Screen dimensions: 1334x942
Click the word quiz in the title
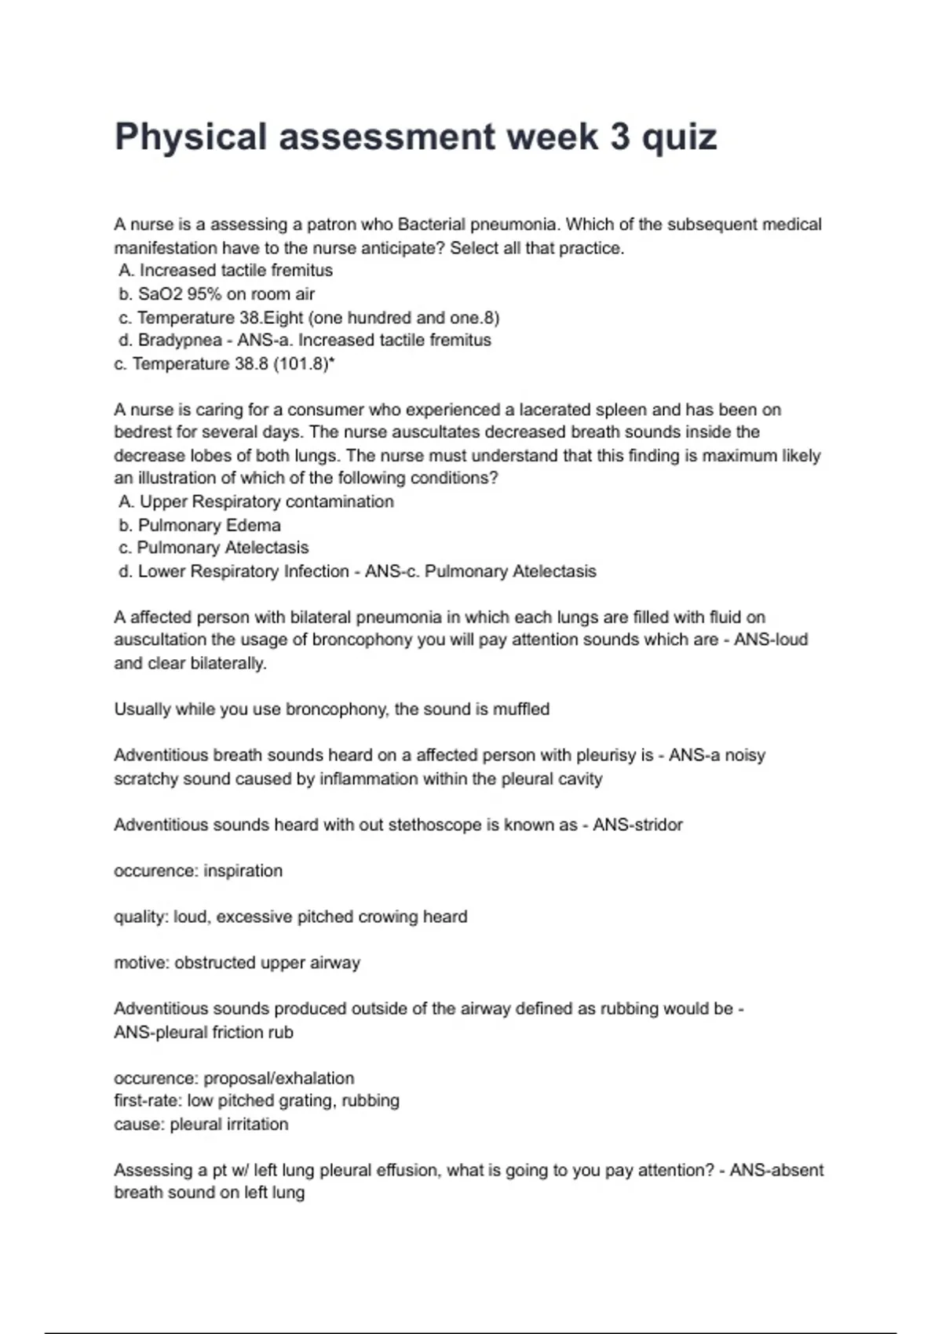(x=679, y=138)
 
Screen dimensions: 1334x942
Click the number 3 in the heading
(x=619, y=137)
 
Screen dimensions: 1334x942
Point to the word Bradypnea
(x=179, y=340)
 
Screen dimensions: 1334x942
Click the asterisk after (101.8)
(x=333, y=362)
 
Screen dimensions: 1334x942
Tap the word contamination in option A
(x=345, y=501)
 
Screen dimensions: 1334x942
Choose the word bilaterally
(x=228, y=663)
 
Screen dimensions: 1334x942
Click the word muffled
(x=521, y=709)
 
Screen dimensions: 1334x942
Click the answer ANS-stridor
(x=637, y=825)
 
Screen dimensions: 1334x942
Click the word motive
(x=140, y=963)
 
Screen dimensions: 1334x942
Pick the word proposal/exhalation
(x=279, y=1078)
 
